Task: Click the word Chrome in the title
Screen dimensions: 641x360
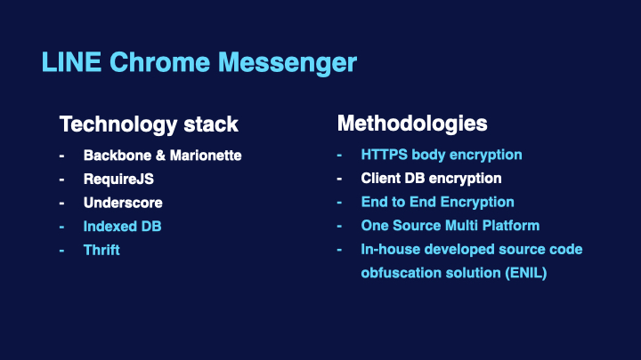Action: click(x=160, y=62)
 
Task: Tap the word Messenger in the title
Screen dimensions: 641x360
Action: click(x=288, y=63)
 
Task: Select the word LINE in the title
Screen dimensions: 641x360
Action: click(x=71, y=62)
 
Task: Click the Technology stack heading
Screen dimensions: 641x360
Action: click(x=149, y=124)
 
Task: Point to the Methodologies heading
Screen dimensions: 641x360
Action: click(x=412, y=124)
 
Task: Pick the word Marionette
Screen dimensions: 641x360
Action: click(x=206, y=156)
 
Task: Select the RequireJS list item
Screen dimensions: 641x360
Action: click(x=118, y=180)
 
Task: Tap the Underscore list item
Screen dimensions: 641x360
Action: click(x=123, y=203)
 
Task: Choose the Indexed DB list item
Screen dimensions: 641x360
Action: click(x=122, y=227)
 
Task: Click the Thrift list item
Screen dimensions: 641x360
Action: click(x=101, y=250)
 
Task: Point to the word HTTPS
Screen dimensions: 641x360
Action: click(x=384, y=155)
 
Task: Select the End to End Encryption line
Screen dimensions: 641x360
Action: click(x=437, y=202)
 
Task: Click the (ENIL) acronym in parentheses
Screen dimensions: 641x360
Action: click(x=526, y=273)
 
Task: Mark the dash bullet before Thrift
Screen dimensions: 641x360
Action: click(x=61, y=251)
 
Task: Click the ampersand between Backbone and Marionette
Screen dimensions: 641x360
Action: click(x=160, y=156)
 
